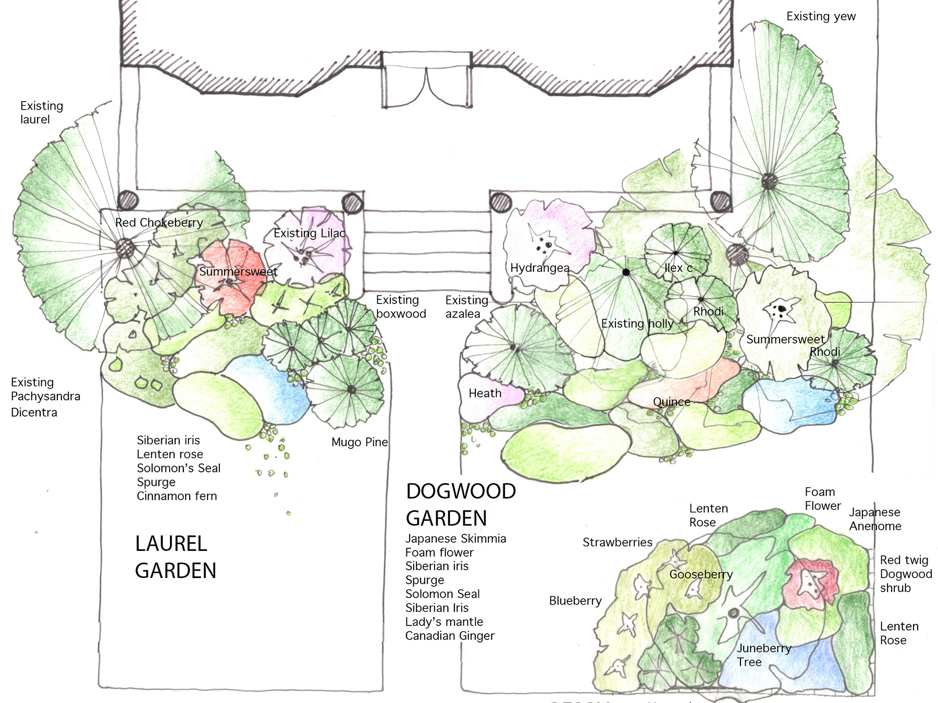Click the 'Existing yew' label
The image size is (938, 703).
click(x=821, y=17)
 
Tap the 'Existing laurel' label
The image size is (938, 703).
click(x=41, y=112)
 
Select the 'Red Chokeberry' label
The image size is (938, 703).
click(x=159, y=223)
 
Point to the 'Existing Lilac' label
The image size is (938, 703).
click(x=310, y=233)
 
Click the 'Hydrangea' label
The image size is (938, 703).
click(x=539, y=268)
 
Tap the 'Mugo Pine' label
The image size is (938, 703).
click(x=360, y=443)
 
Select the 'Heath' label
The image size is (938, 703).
click(x=485, y=394)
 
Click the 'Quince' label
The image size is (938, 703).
click(x=672, y=402)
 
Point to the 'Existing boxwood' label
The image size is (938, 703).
click(x=401, y=307)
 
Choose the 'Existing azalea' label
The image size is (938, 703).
click(x=466, y=307)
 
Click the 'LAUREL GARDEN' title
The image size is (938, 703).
click(x=175, y=557)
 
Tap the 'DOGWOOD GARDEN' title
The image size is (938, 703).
click(x=461, y=505)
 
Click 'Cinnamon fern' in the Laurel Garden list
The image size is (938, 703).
click(x=177, y=496)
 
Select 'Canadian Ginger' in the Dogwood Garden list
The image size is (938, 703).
click(x=450, y=636)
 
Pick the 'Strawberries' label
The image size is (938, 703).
click(x=617, y=543)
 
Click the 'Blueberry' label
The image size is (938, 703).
click(x=575, y=601)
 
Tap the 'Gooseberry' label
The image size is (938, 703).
click(x=701, y=574)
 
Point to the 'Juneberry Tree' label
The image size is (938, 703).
click(x=763, y=655)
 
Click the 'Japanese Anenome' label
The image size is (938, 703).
click(x=875, y=519)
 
